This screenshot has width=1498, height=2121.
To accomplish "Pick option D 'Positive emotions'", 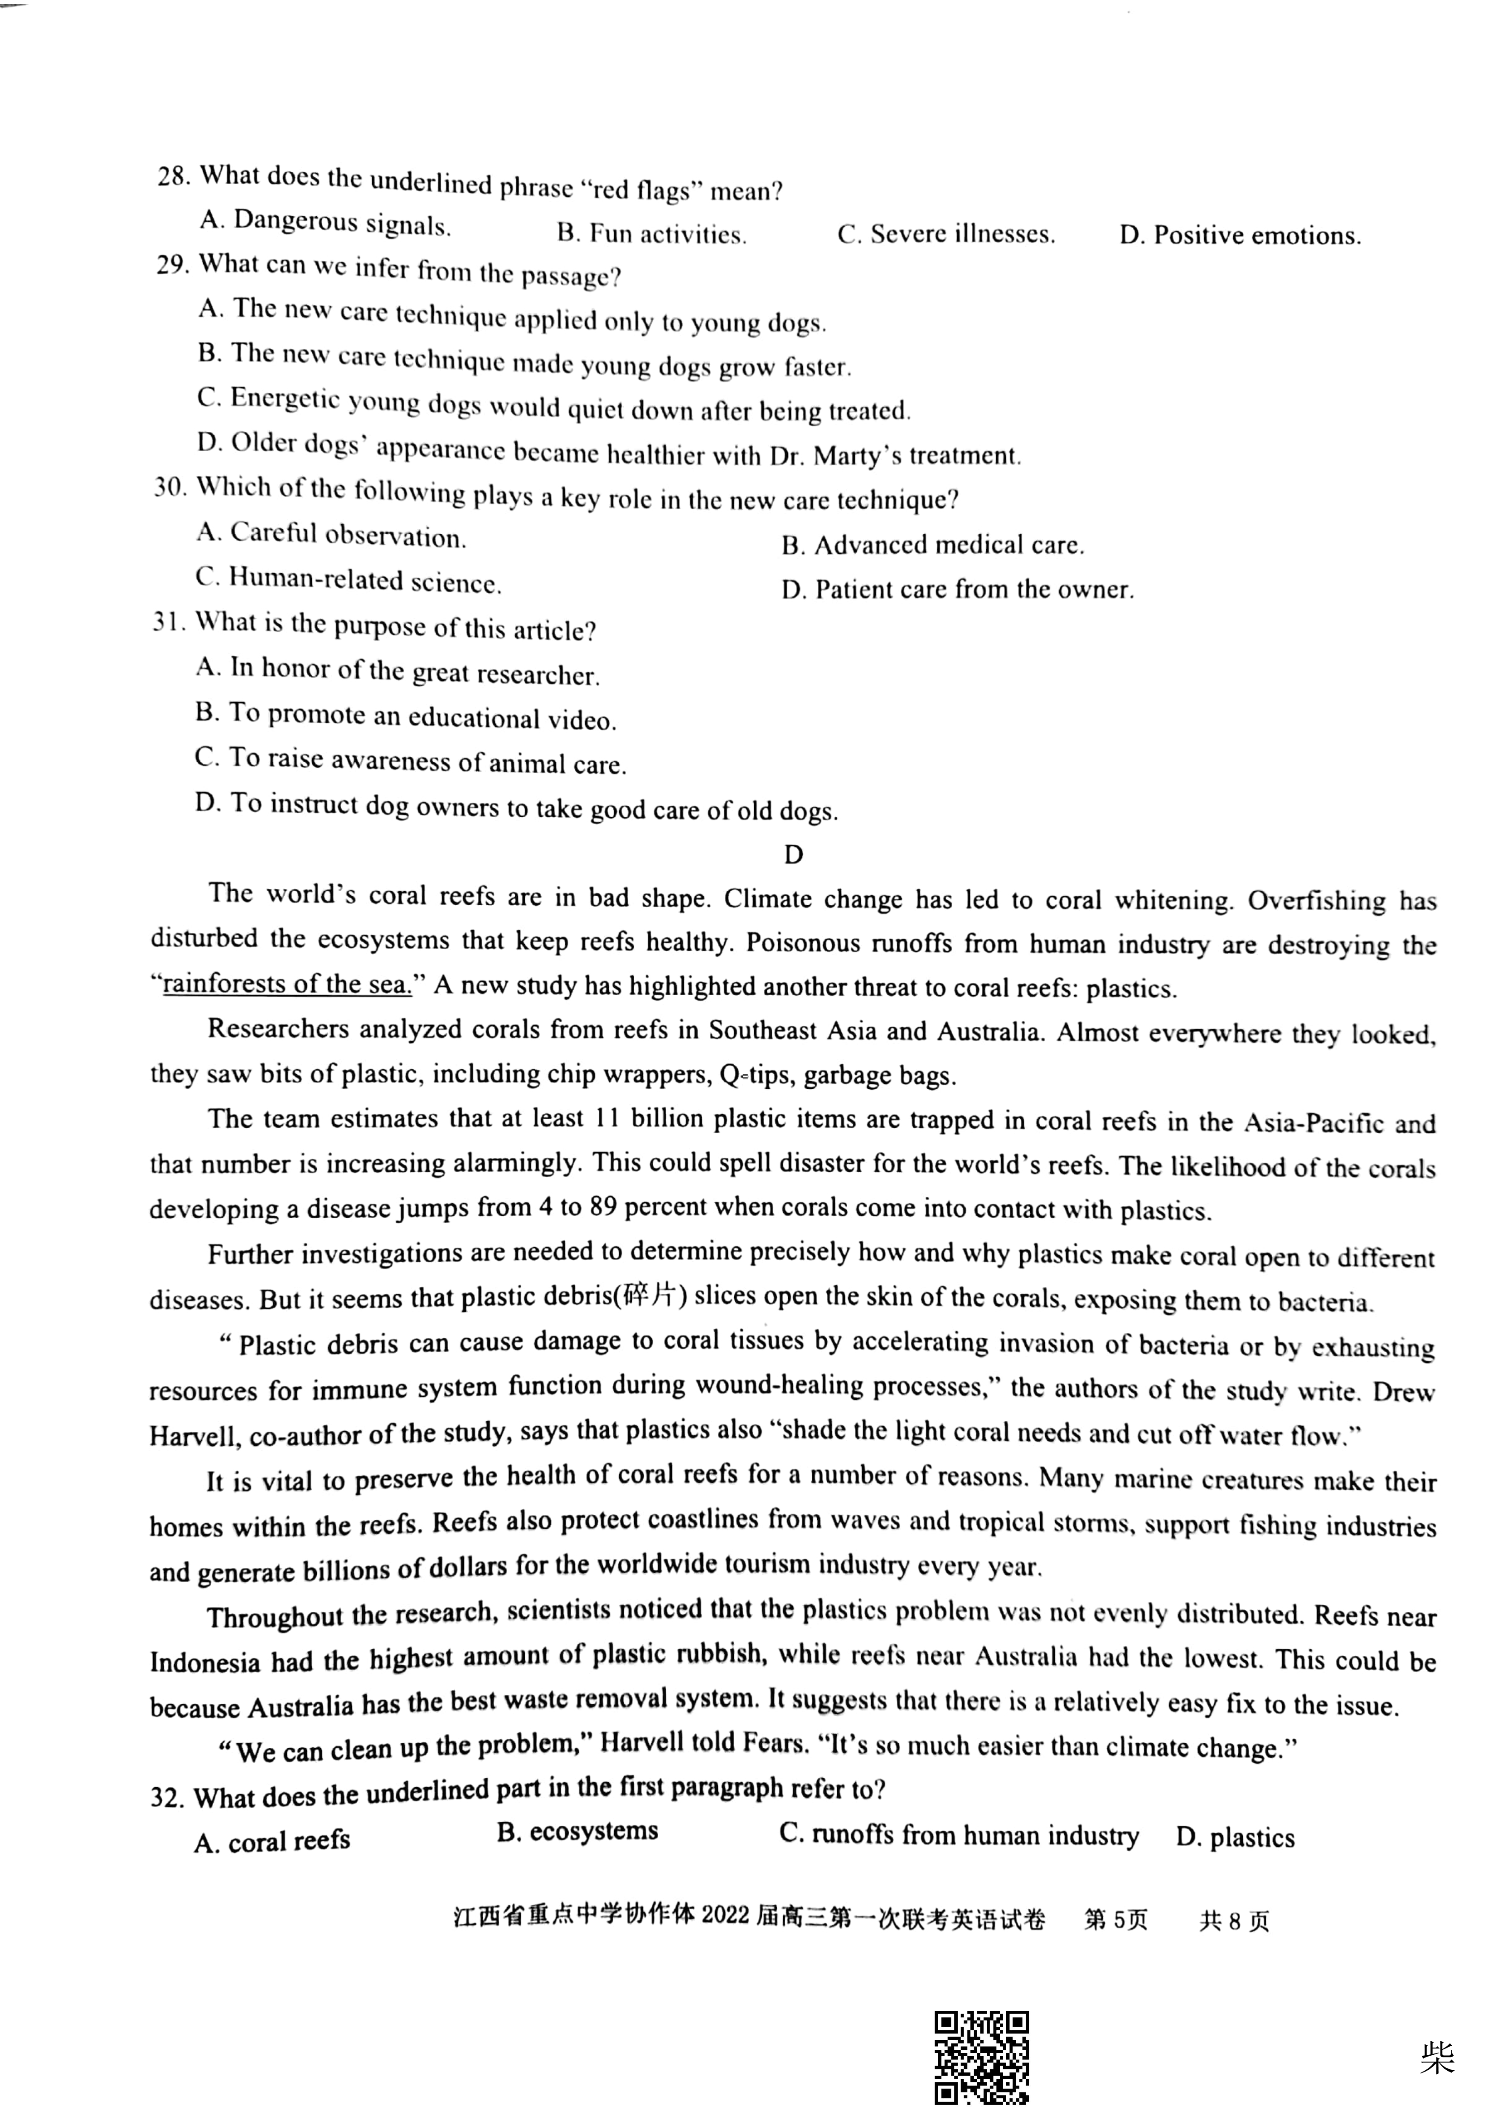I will tap(1239, 235).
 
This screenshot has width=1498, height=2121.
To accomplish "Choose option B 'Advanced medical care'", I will tap(933, 545).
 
